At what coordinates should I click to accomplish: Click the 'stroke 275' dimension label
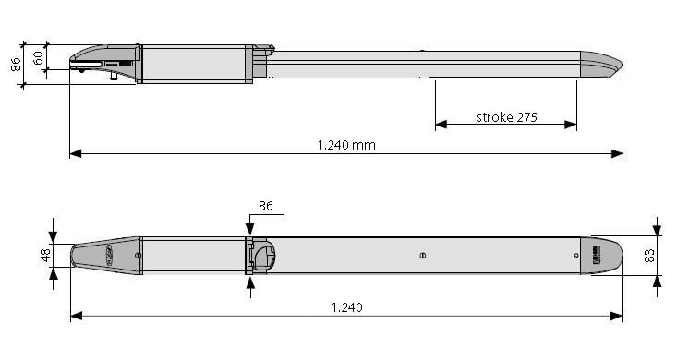[x=507, y=117]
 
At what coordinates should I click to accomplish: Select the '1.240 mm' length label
[x=346, y=145]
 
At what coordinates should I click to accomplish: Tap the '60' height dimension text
[x=38, y=57]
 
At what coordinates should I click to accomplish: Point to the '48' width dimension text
[x=46, y=255]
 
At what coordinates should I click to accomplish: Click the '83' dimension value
[x=649, y=256]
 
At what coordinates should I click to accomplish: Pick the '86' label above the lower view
[x=265, y=206]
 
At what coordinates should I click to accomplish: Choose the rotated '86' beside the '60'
[x=16, y=65]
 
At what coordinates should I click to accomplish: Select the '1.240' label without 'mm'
[x=346, y=307]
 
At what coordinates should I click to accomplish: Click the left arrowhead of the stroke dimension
[x=441, y=125]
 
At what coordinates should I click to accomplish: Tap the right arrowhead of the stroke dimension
[x=571, y=125]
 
